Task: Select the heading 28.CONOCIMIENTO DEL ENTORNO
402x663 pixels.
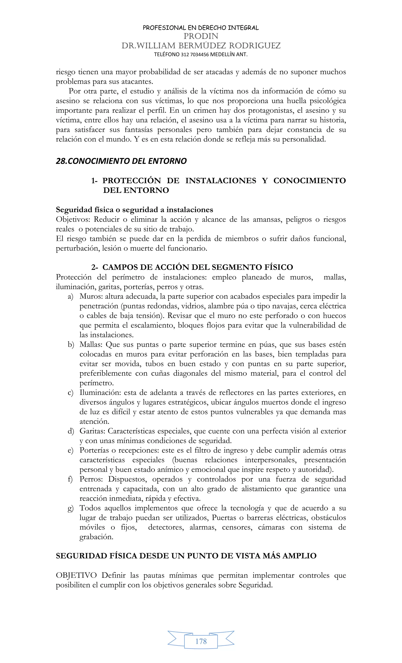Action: [121, 161]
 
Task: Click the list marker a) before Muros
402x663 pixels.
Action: [71, 297]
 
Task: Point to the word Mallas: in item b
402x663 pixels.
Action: [91, 345]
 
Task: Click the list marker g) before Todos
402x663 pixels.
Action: [71, 508]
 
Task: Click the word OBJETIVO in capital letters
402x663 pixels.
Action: [76, 575]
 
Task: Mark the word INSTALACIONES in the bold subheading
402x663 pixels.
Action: [221, 181]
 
